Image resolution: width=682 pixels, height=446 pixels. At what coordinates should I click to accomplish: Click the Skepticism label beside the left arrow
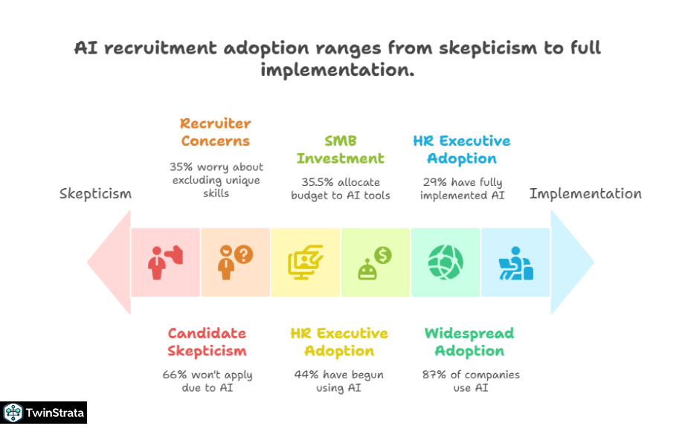(x=95, y=194)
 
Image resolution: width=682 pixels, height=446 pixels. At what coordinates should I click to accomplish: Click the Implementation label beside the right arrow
(x=585, y=193)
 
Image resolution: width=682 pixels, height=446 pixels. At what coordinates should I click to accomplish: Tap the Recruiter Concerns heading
(x=215, y=132)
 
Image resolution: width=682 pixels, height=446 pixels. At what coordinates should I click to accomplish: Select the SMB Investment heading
(x=341, y=149)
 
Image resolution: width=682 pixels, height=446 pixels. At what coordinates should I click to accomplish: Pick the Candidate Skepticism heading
(x=207, y=342)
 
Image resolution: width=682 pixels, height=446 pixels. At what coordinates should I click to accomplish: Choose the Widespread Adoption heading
(x=469, y=342)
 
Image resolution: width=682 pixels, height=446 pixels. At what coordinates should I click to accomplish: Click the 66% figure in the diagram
(x=175, y=375)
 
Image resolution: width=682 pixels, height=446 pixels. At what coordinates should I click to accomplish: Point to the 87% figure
(x=434, y=375)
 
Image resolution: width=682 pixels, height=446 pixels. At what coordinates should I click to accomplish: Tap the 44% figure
(x=306, y=375)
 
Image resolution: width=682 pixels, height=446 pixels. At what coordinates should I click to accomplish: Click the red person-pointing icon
(x=165, y=262)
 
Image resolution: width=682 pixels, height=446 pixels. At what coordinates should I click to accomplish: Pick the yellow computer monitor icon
(x=305, y=262)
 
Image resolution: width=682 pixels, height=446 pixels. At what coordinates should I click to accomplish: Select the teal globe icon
(x=445, y=262)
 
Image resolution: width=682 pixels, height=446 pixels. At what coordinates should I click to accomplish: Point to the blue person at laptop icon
(x=515, y=262)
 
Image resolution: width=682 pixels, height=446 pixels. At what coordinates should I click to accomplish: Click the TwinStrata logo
(x=44, y=413)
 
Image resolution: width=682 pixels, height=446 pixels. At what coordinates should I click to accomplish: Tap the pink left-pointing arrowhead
(x=109, y=262)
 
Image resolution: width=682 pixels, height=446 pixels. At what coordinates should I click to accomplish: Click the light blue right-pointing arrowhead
(x=572, y=262)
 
